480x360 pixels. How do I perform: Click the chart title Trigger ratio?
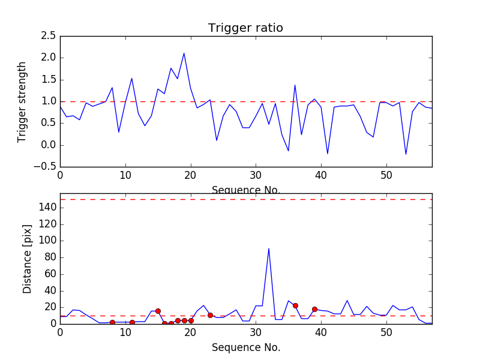(245, 28)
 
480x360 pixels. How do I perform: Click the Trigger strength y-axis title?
(22, 101)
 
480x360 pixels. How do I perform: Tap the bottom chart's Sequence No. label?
(245, 347)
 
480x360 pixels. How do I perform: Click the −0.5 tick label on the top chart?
(46, 167)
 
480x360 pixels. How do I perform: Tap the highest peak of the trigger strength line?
(184, 53)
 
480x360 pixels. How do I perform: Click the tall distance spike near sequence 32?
(269, 248)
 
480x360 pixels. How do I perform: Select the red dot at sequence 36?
(295, 305)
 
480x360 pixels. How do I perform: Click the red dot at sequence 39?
(314, 309)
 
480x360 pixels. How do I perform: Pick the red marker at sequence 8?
(112, 322)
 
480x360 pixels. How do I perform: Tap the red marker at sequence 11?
(132, 322)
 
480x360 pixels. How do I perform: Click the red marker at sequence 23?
(210, 315)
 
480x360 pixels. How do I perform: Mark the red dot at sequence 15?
(158, 311)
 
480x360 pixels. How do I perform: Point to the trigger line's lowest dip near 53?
(406, 154)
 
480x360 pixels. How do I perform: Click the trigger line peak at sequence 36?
(295, 85)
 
